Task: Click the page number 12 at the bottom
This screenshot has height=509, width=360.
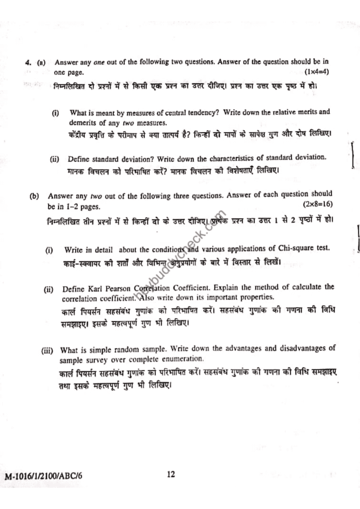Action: pyautogui.click(x=171, y=475)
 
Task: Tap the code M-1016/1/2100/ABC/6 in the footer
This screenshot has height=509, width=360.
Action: pyautogui.click(x=43, y=476)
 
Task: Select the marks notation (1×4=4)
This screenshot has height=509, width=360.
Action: pyautogui.click(x=317, y=72)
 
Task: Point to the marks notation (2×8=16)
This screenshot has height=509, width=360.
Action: pyautogui.click(x=318, y=204)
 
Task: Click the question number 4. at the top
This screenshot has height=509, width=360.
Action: pyautogui.click(x=28, y=63)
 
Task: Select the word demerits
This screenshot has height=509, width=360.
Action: pyautogui.click(x=83, y=122)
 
